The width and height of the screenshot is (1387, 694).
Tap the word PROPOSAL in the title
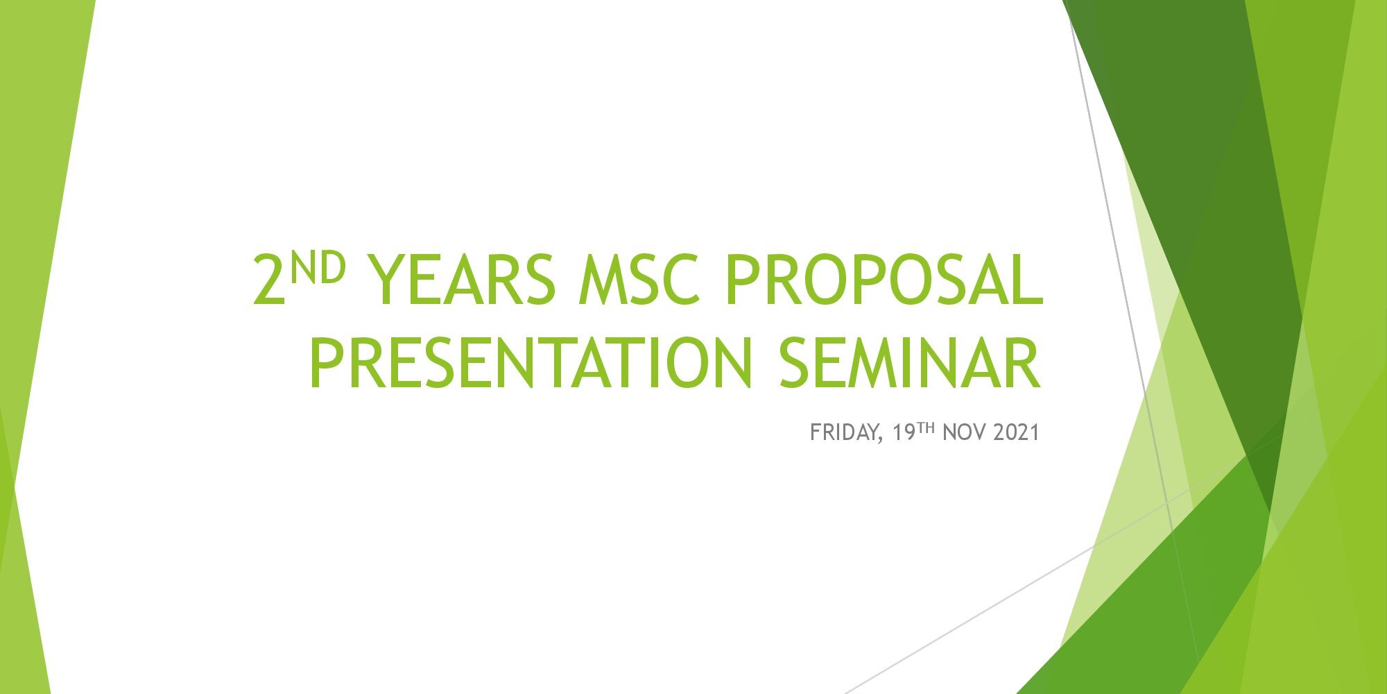point(884,279)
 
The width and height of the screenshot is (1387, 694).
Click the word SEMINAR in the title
point(909,362)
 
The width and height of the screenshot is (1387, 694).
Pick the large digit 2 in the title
point(269,279)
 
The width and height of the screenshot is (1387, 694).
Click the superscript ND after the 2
point(317,268)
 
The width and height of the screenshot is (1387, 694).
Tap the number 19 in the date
point(904,432)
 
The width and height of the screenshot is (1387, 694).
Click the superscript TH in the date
point(927,428)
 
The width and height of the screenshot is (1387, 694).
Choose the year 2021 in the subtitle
point(1016,432)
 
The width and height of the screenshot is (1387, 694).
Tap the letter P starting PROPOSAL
point(741,279)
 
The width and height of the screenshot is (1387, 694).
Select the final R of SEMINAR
point(1024,362)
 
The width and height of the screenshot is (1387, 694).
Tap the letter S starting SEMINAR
point(794,362)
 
